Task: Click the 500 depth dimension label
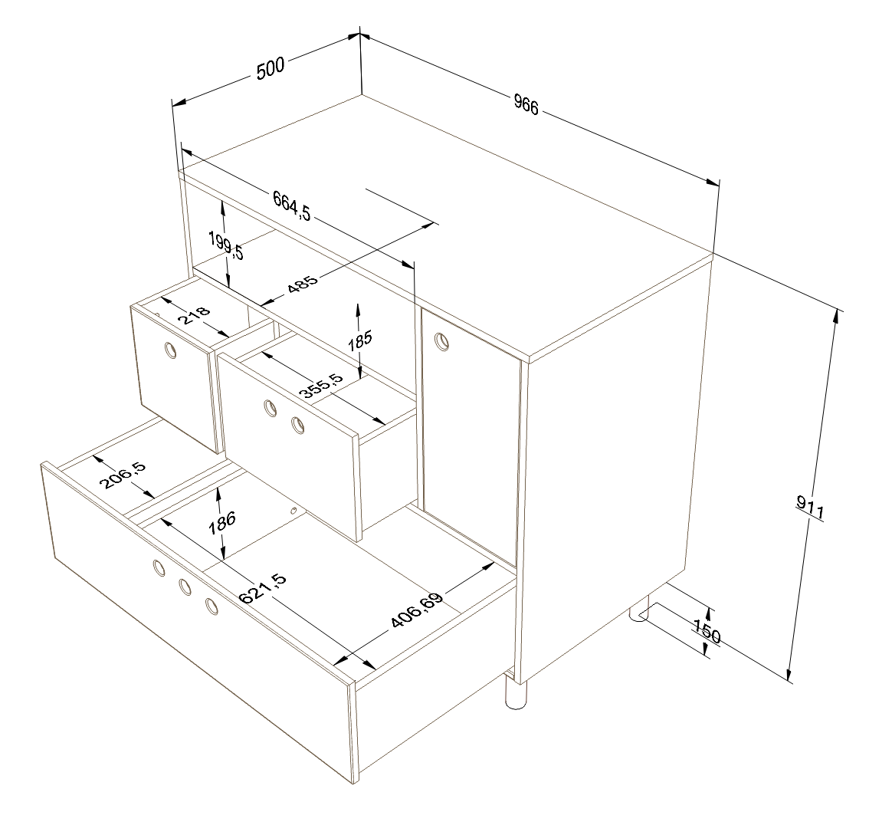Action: [x=271, y=67]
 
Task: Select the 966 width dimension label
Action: [x=526, y=104]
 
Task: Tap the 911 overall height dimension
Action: [x=811, y=508]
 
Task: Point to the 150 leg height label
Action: [x=708, y=631]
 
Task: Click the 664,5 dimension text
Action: [x=291, y=205]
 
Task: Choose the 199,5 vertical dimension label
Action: [x=226, y=245]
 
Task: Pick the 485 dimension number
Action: [x=303, y=284]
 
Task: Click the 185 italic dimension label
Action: [x=360, y=340]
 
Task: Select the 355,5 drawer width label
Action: [x=321, y=386]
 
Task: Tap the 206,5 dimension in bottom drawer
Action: [x=123, y=475]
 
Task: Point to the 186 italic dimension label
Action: [x=222, y=523]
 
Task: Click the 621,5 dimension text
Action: [x=263, y=589]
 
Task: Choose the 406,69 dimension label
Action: [x=418, y=610]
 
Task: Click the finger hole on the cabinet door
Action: [x=441, y=340]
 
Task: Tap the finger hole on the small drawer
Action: [x=171, y=350]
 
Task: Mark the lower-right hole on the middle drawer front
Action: [x=298, y=426]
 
